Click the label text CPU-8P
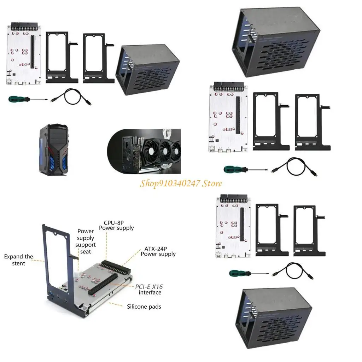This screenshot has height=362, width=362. click(113, 223)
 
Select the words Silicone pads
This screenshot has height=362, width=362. click(144, 306)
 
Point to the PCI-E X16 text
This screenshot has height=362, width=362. click(149, 287)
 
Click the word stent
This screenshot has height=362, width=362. click(18, 263)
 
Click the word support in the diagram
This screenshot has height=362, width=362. click(86, 245)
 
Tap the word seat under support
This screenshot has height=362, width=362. click(86, 251)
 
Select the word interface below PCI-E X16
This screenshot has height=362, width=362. click(150, 293)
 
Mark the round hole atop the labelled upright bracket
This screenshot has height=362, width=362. click(56, 234)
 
